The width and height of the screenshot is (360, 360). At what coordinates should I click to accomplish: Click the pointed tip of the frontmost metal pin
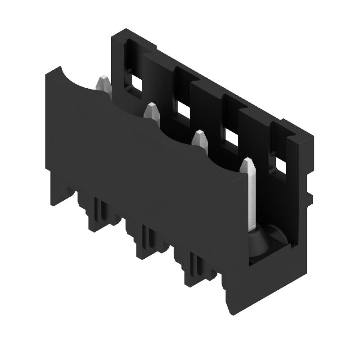(x=247, y=162)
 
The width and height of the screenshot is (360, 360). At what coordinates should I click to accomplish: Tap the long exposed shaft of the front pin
(x=252, y=198)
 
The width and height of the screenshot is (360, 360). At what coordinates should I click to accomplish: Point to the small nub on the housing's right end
(x=310, y=198)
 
